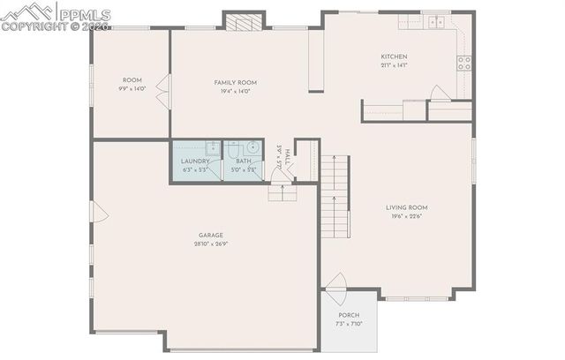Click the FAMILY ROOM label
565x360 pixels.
235,82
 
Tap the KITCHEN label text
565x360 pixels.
394,56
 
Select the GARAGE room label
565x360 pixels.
210,235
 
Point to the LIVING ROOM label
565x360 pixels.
406,207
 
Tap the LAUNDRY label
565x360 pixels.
195,161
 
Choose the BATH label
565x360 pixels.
244,161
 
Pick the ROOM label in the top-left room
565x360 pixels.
132,80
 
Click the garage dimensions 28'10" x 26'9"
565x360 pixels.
210,244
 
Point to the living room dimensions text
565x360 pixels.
406,217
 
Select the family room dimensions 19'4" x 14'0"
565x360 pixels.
235,91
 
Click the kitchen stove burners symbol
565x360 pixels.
463,62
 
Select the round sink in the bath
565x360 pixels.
252,147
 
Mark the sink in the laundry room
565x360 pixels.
212,148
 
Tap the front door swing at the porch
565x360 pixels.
336,282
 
